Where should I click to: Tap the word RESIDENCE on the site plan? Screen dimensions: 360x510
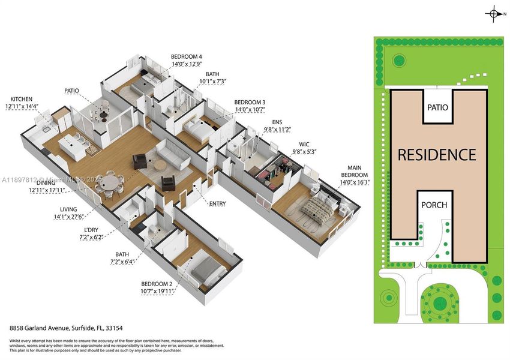tap(437, 155)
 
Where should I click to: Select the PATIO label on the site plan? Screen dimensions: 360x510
tap(437, 107)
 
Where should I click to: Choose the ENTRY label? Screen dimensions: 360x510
tap(217, 204)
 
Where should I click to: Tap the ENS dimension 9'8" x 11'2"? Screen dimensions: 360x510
tap(277, 129)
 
